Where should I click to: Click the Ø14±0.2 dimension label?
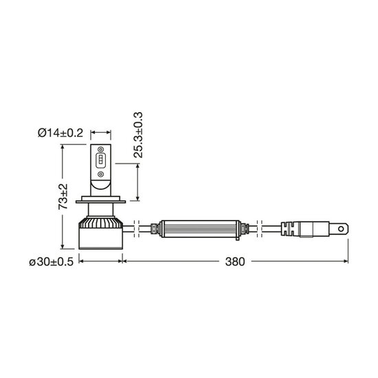tap(60, 133)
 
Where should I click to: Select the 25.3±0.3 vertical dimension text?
tap(138, 135)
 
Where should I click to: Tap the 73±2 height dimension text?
tap(63, 197)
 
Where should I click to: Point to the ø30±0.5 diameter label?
tap(51, 262)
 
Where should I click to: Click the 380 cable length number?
tap(235, 262)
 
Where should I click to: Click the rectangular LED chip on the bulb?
tap(100, 161)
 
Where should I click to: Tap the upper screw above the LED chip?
tap(100, 149)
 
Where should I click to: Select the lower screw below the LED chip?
tap(100, 174)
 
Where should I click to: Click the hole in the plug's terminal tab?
tap(341, 229)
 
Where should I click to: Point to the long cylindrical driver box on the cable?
tap(200, 229)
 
